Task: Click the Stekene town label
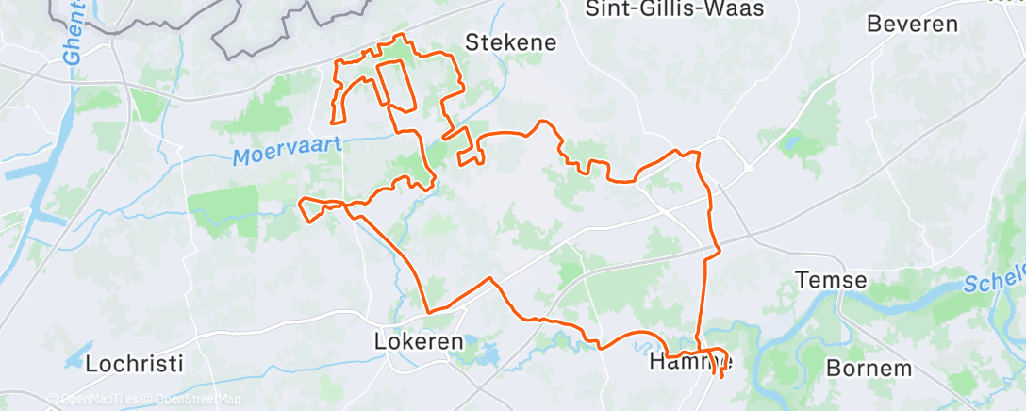(510, 42)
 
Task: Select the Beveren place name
(912, 25)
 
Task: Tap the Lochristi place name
(133, 363)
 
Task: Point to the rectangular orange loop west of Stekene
(395, 85)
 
